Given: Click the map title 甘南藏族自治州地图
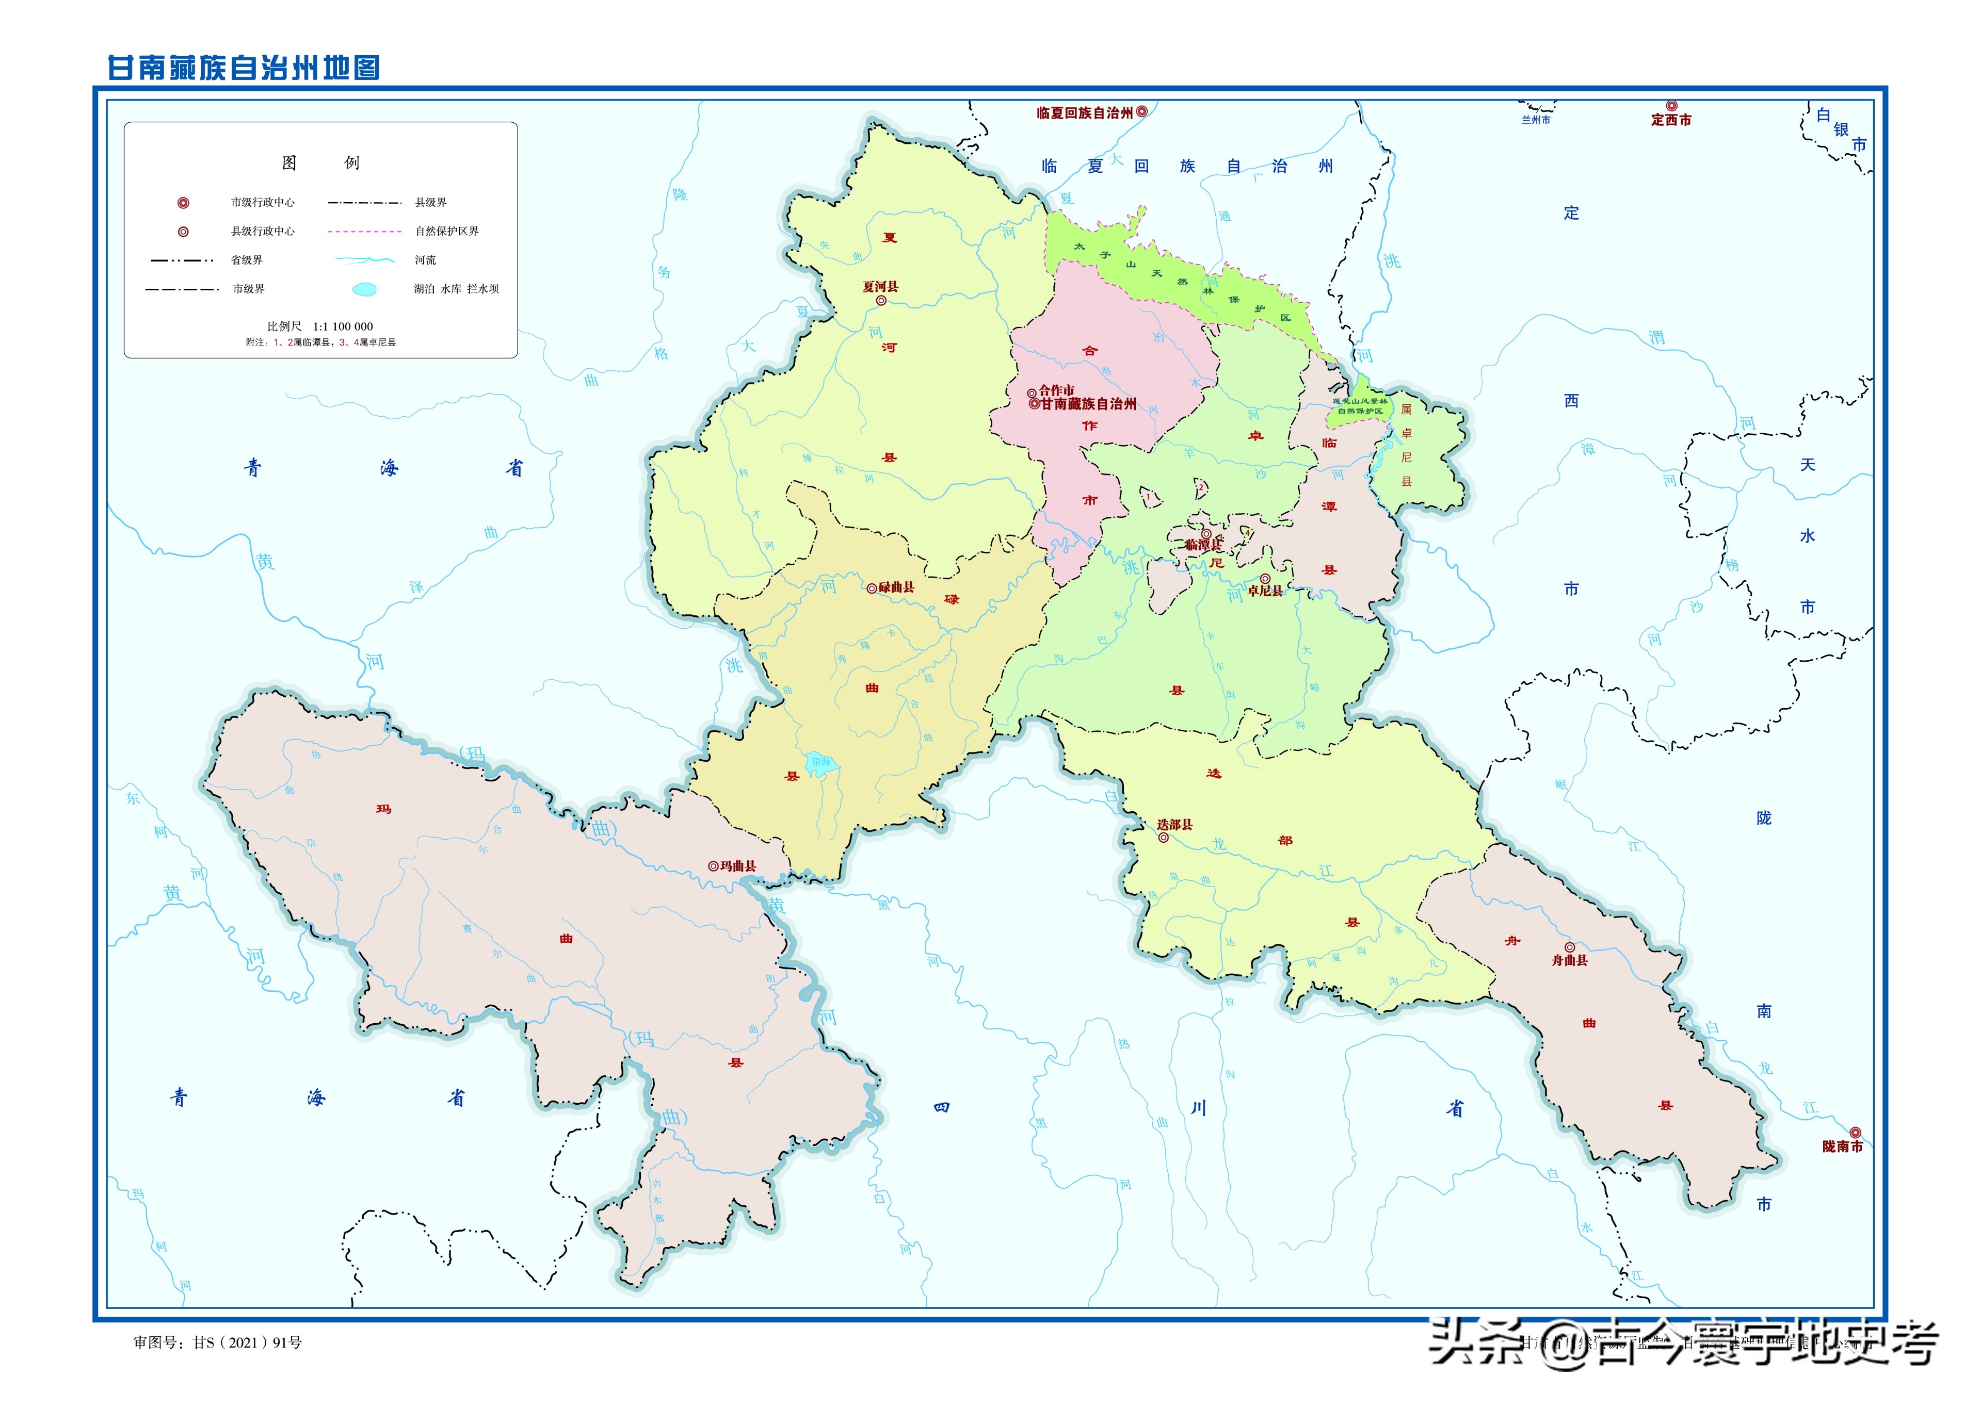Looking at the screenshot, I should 244,68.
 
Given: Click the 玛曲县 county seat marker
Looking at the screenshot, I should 713,865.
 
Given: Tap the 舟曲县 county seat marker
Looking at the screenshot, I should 1570,947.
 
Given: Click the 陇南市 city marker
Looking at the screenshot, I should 1855,1132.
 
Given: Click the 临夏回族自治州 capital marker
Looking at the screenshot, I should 1142,112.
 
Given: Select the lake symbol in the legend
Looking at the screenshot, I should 365,289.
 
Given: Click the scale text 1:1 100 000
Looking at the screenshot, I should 344,327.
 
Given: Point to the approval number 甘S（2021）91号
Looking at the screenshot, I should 247,1342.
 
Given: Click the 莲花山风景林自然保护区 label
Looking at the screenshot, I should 1359,406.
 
